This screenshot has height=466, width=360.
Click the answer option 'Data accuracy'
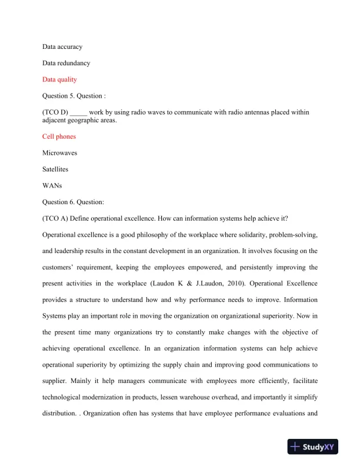(62, 46)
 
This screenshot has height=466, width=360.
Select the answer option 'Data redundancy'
(66, 63)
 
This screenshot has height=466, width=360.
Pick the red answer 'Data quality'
(59, 79)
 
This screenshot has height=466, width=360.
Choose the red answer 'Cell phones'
(59, 137)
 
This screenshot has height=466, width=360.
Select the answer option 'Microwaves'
(60, 153)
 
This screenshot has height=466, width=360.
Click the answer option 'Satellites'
(56, 169)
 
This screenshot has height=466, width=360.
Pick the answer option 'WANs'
(52, 186)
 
